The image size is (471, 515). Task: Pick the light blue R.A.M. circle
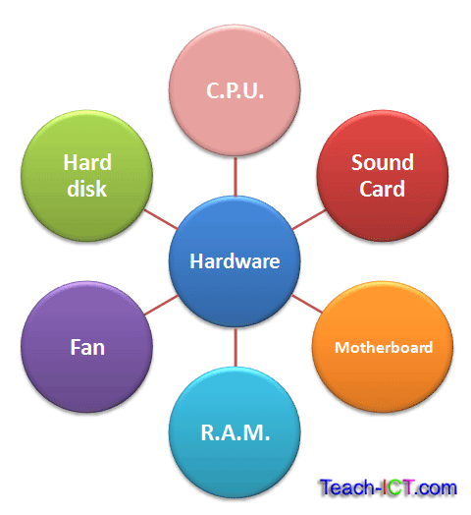click(x=235, y=432)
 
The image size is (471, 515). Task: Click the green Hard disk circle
click(x=87, y=174)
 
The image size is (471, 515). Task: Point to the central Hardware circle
click(x=235, y=262)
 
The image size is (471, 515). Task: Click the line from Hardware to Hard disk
click(x=161, y=218)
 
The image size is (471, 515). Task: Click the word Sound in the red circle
click(x=382, y=161)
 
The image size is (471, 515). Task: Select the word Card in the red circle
click(x=382, y=188)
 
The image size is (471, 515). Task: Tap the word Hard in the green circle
click(x=87, y=161)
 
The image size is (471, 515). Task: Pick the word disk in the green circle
click(x=87, y=188)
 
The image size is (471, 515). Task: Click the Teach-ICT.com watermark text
click(x=388, y=486)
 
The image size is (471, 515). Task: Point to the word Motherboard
click(x=383, y=348)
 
